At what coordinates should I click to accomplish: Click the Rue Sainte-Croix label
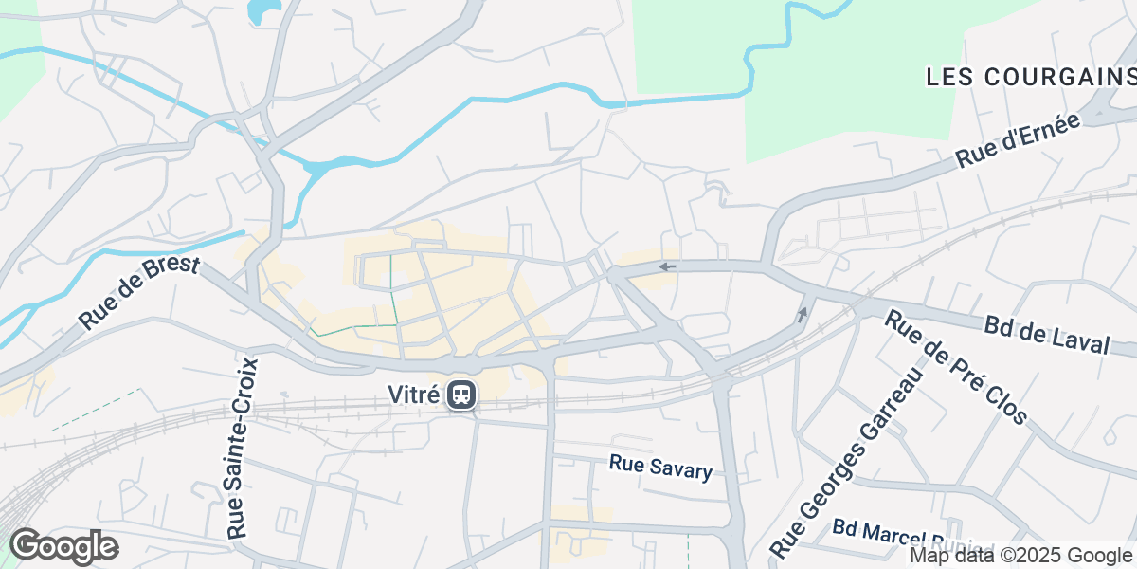coord(243,448)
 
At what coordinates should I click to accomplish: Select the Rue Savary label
coord(660,467)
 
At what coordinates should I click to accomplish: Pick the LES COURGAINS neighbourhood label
coord(1031,77)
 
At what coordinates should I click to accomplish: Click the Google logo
coord(63,546)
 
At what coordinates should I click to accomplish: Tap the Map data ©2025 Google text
coord(1020,556)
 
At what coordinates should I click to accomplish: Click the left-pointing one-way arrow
coord(668,266)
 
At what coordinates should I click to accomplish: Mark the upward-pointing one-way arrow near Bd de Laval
coord(803,314)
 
